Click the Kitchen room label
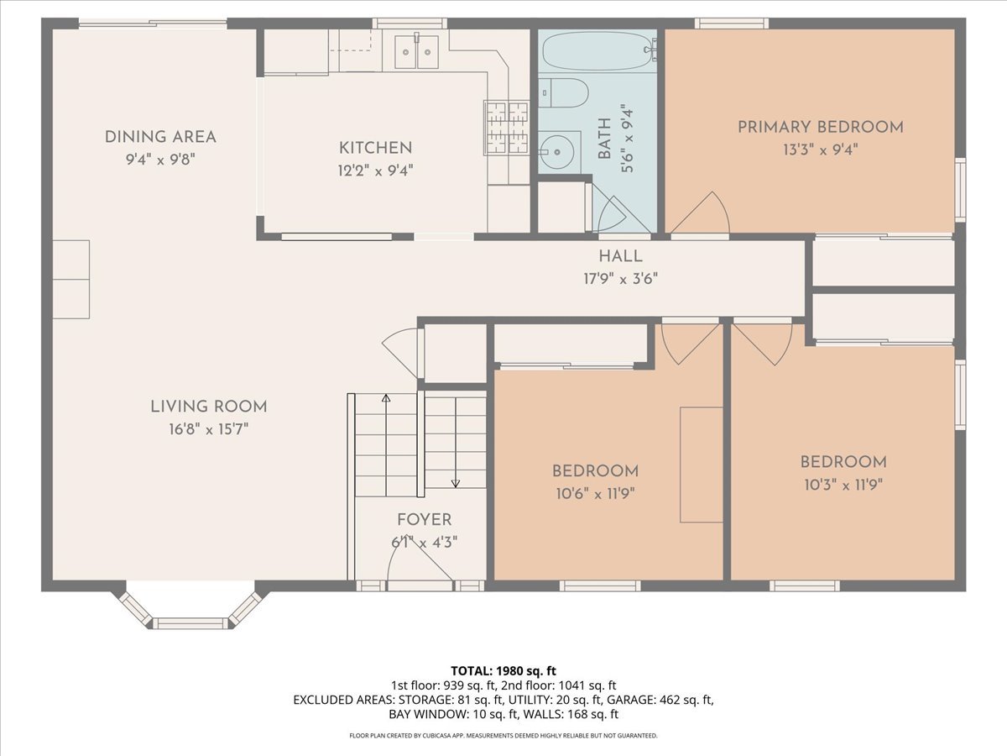[x=375, y=148]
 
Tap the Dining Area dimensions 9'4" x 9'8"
[x=160, y=160]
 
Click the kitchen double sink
[x=416, y=52]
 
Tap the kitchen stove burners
[x=507, y=128]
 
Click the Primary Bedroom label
[x=820, y=127]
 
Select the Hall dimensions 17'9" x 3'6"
[x=620, y=279]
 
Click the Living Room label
[x=209, y=407]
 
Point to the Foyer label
[x=425, y=520]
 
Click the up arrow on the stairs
[x=386, y=445]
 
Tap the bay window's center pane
[x=190, y=623]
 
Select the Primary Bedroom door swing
[x=700, y=213]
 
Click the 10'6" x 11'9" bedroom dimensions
[x=595, y=494]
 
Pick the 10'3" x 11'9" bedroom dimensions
[x=843, y=485]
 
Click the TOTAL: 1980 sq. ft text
[x=503, y=671]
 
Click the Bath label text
[x=605, y=139]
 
